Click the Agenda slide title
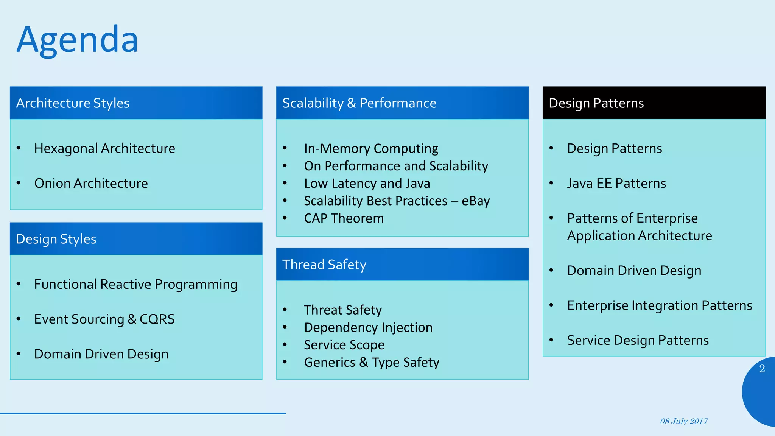pos(78,40)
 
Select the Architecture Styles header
pos(73,103)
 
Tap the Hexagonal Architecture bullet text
pos(104,148)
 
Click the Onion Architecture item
pos(91,183)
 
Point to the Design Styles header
pos(56,239)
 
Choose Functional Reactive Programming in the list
pos(135,284)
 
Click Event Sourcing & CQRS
pos(104,319)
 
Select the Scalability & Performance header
pos(359,103)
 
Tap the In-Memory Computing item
pos(371,148)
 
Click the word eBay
pos(476,201)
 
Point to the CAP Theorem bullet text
pos(344,218)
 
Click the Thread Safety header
pos(324,265)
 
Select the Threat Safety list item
pos(343,310)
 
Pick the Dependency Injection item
pos(368,327)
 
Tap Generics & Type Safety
pos(372,362)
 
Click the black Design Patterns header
pos(596,103)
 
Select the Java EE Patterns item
pos(616,183)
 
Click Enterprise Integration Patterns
pos(659,305)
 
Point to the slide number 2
pos(762,369)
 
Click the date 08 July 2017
pos(684,421)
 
